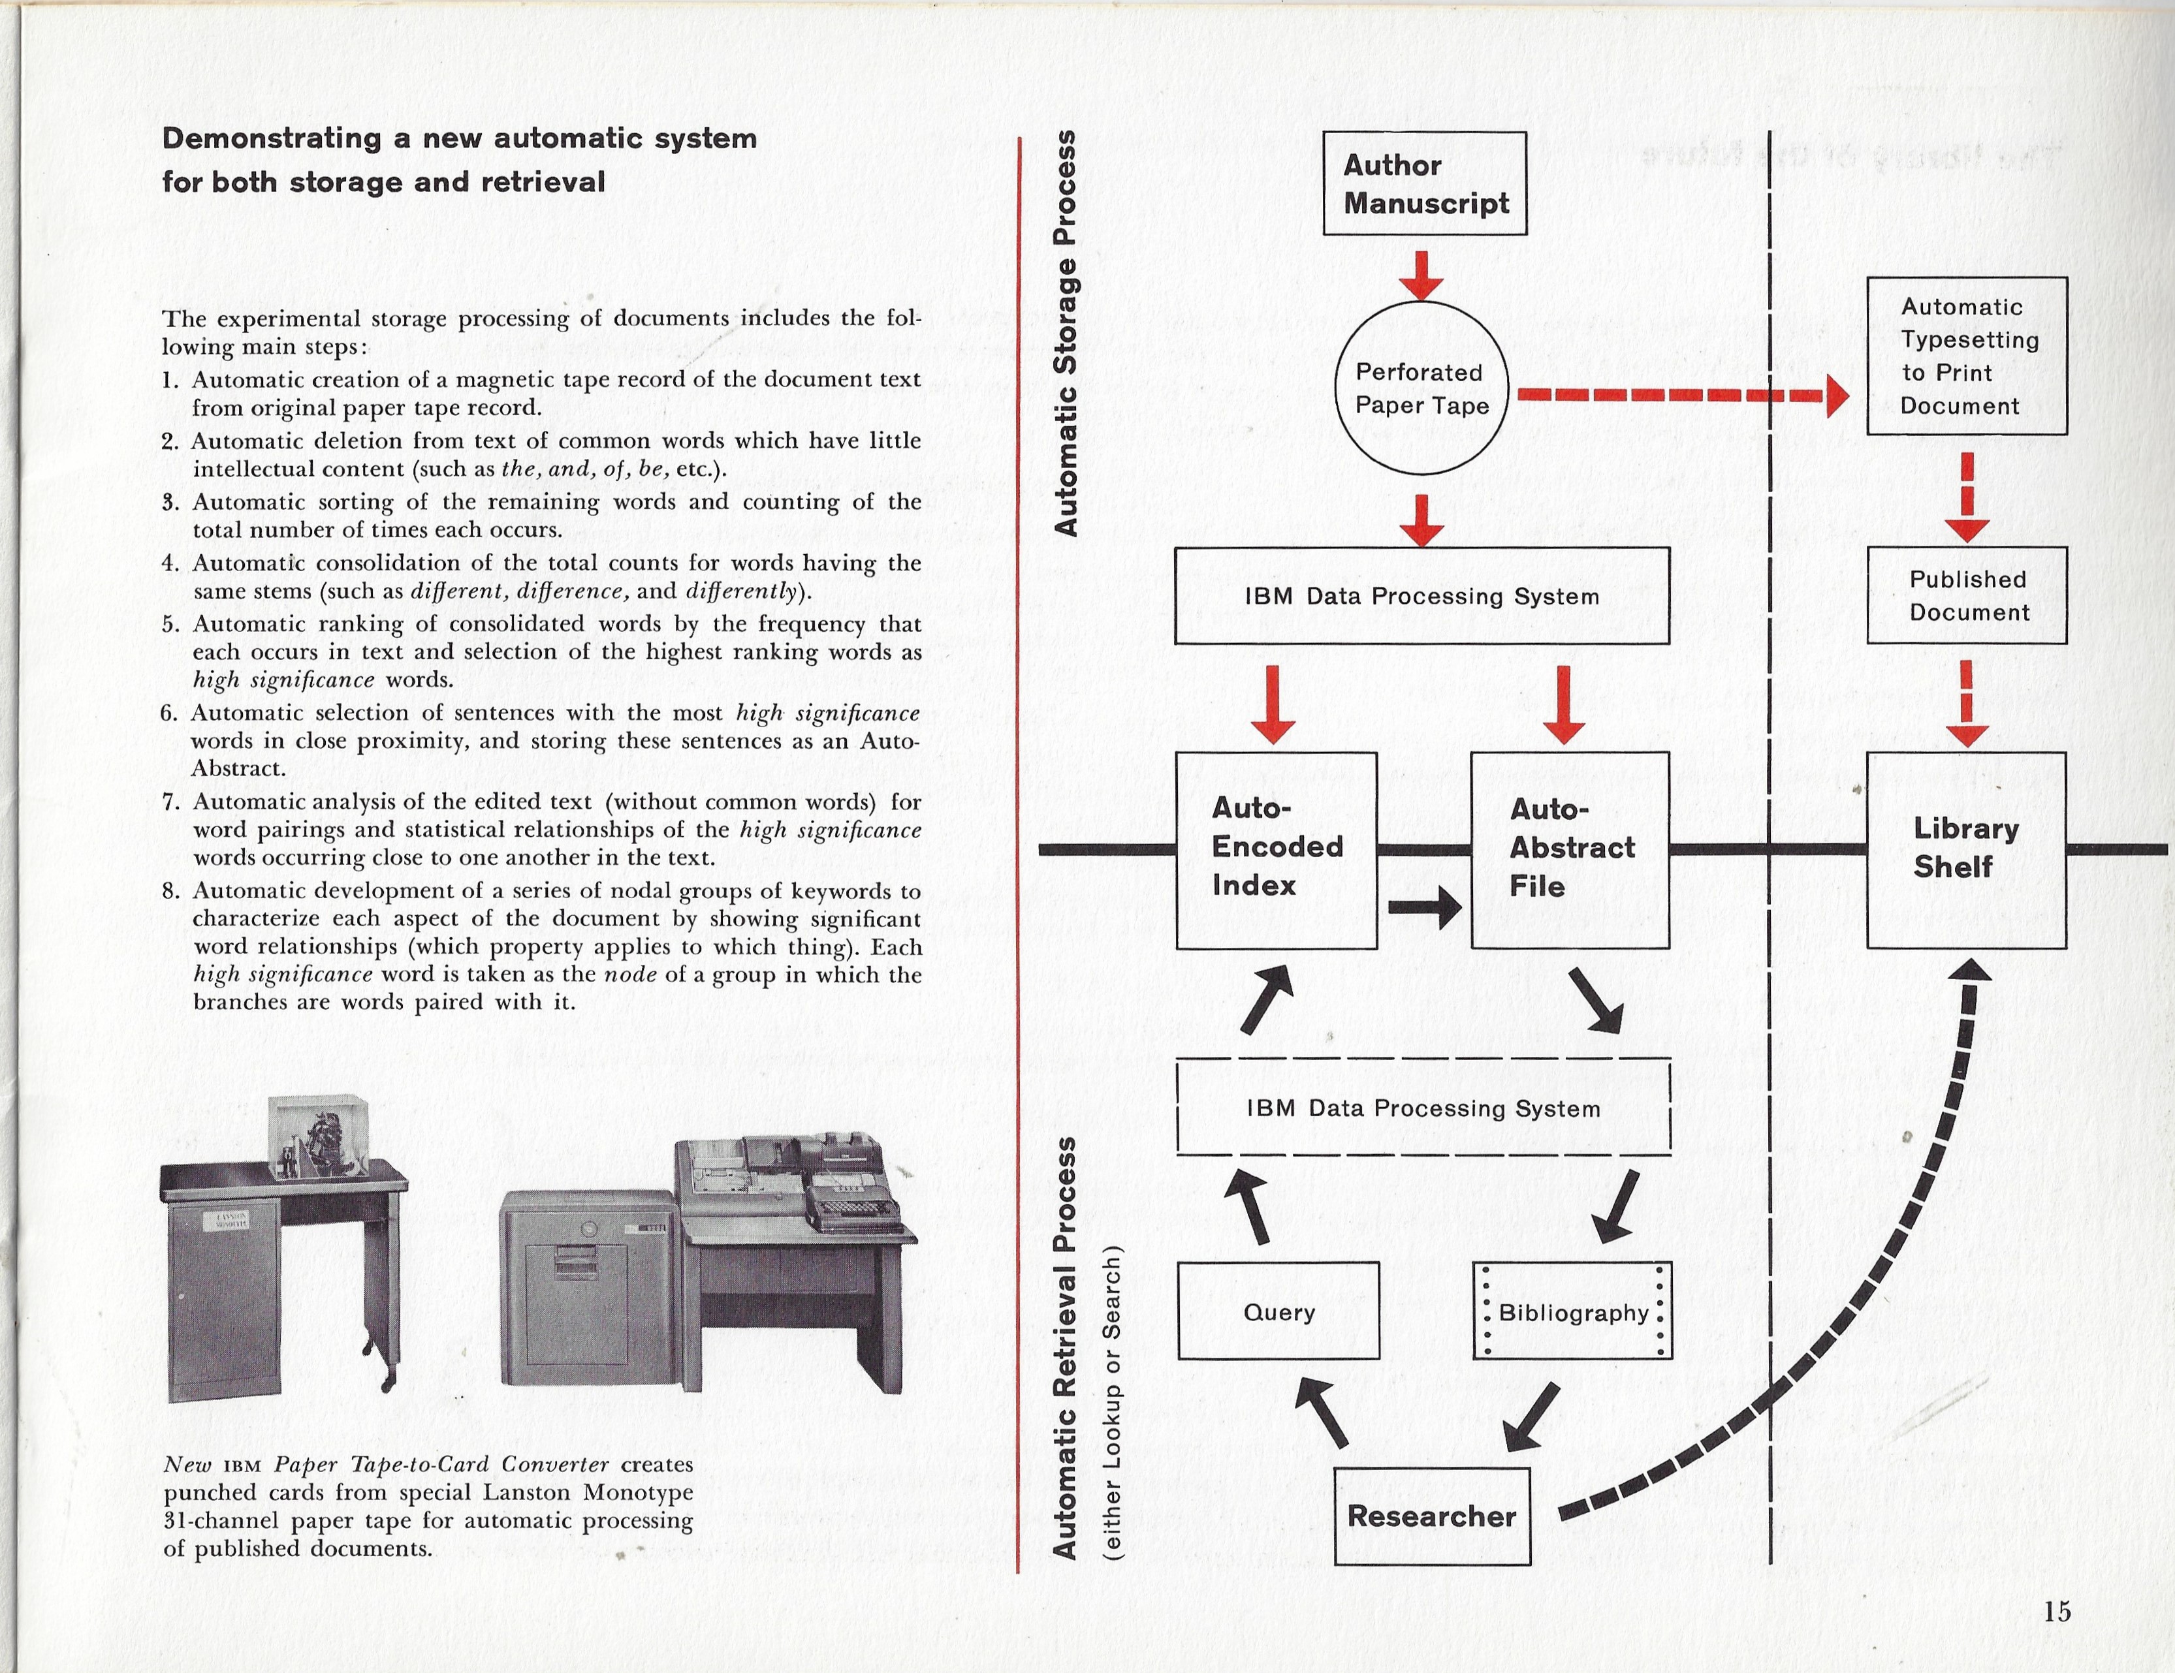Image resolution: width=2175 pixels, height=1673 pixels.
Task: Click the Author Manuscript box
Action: pos(1424,183)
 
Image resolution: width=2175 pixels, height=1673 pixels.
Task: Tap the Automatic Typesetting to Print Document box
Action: pos(1966,356)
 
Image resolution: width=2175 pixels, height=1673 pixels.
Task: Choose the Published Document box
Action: pos(1966,595)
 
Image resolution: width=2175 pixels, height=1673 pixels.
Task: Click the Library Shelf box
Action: pos(1966,849)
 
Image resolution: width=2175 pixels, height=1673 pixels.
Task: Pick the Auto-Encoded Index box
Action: pos(1276,849)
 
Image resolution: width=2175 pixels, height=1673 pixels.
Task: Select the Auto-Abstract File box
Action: pos(1570,849)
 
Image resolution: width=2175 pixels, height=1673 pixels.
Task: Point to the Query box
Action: pos(1278,1311)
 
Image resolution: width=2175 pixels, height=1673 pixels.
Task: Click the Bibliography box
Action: pos(1572,1311)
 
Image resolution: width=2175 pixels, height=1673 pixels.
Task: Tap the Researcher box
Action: pos(1431,1516)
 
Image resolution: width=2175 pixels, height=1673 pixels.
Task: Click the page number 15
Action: pos(2057,1610)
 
